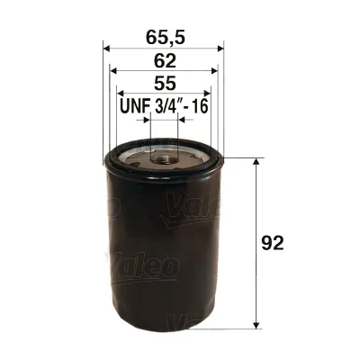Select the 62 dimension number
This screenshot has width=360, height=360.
click(164, 61)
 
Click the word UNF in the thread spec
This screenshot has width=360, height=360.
click(135, 107)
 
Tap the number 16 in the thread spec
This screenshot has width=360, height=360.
click(201, 107)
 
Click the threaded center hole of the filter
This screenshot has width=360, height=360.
click(164, 158)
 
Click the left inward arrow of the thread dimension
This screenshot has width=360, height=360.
click(147, 119)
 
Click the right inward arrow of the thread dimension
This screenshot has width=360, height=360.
click(182, 119)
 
